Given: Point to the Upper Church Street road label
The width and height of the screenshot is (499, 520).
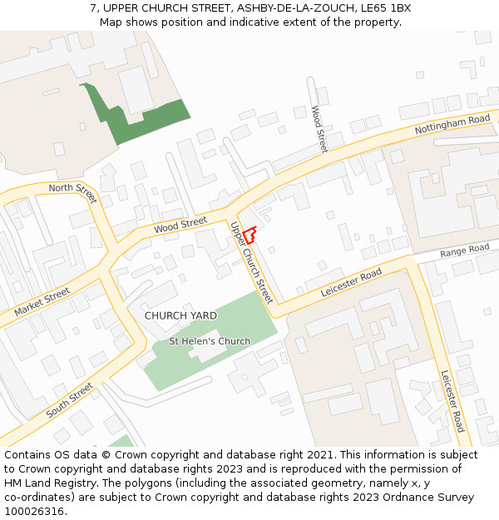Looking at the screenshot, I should [x=251, y=262].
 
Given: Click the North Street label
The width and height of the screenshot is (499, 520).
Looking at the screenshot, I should [x=73, y=193].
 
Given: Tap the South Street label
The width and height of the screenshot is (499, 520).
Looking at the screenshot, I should [x=70, y=400].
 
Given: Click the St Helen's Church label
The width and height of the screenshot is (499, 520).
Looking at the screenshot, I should [x=210, y=341].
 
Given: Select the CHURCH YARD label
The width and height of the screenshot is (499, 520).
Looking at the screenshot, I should [x=180, y=316].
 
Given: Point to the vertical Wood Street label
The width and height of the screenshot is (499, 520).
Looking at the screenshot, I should [x=319, y=129].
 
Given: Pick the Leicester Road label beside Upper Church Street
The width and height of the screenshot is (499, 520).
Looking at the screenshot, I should [x=351, y=284].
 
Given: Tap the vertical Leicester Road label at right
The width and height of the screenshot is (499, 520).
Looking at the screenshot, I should [x=453, y=401].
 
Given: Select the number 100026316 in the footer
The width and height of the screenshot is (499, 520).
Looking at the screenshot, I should [x=34, y=512].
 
